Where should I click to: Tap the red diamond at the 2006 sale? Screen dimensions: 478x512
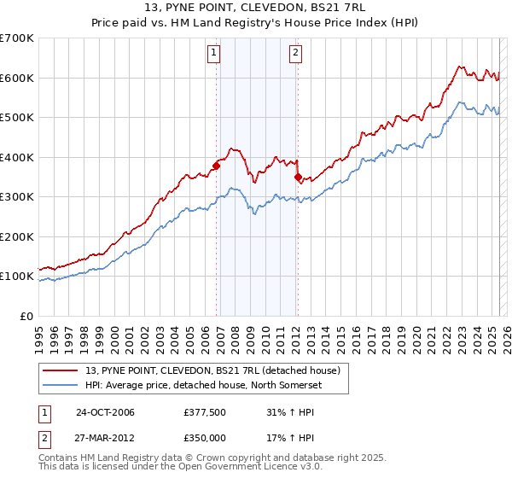pyautogui.click(x=216, y=166)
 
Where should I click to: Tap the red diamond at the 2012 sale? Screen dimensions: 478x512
pyautogui.click(x=298, y=178)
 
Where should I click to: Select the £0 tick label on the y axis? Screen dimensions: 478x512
pyautogui.click(x=26, y=316)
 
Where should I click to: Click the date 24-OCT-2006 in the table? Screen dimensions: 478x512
pyautogui.click(x=105, y=412)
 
